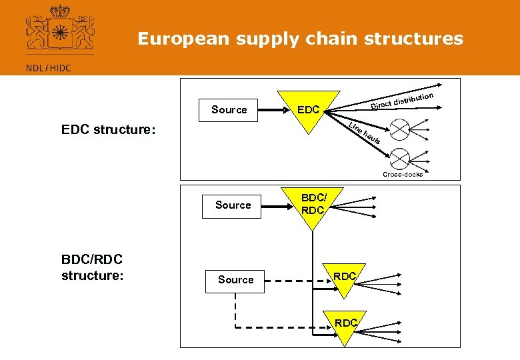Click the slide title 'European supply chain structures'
pos(300,39)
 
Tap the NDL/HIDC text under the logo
pos(48,67)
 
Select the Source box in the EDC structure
pos(229,109)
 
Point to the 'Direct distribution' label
pos(402,101)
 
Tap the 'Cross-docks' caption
pos(402,175)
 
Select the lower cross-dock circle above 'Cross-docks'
pos(399,158)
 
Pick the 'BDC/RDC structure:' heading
pos(91,267)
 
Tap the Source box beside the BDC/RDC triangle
pos(233,205)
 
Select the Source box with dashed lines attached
pos(235,280)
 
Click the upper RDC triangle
pos(345,278)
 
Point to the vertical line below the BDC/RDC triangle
pos(312,260)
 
